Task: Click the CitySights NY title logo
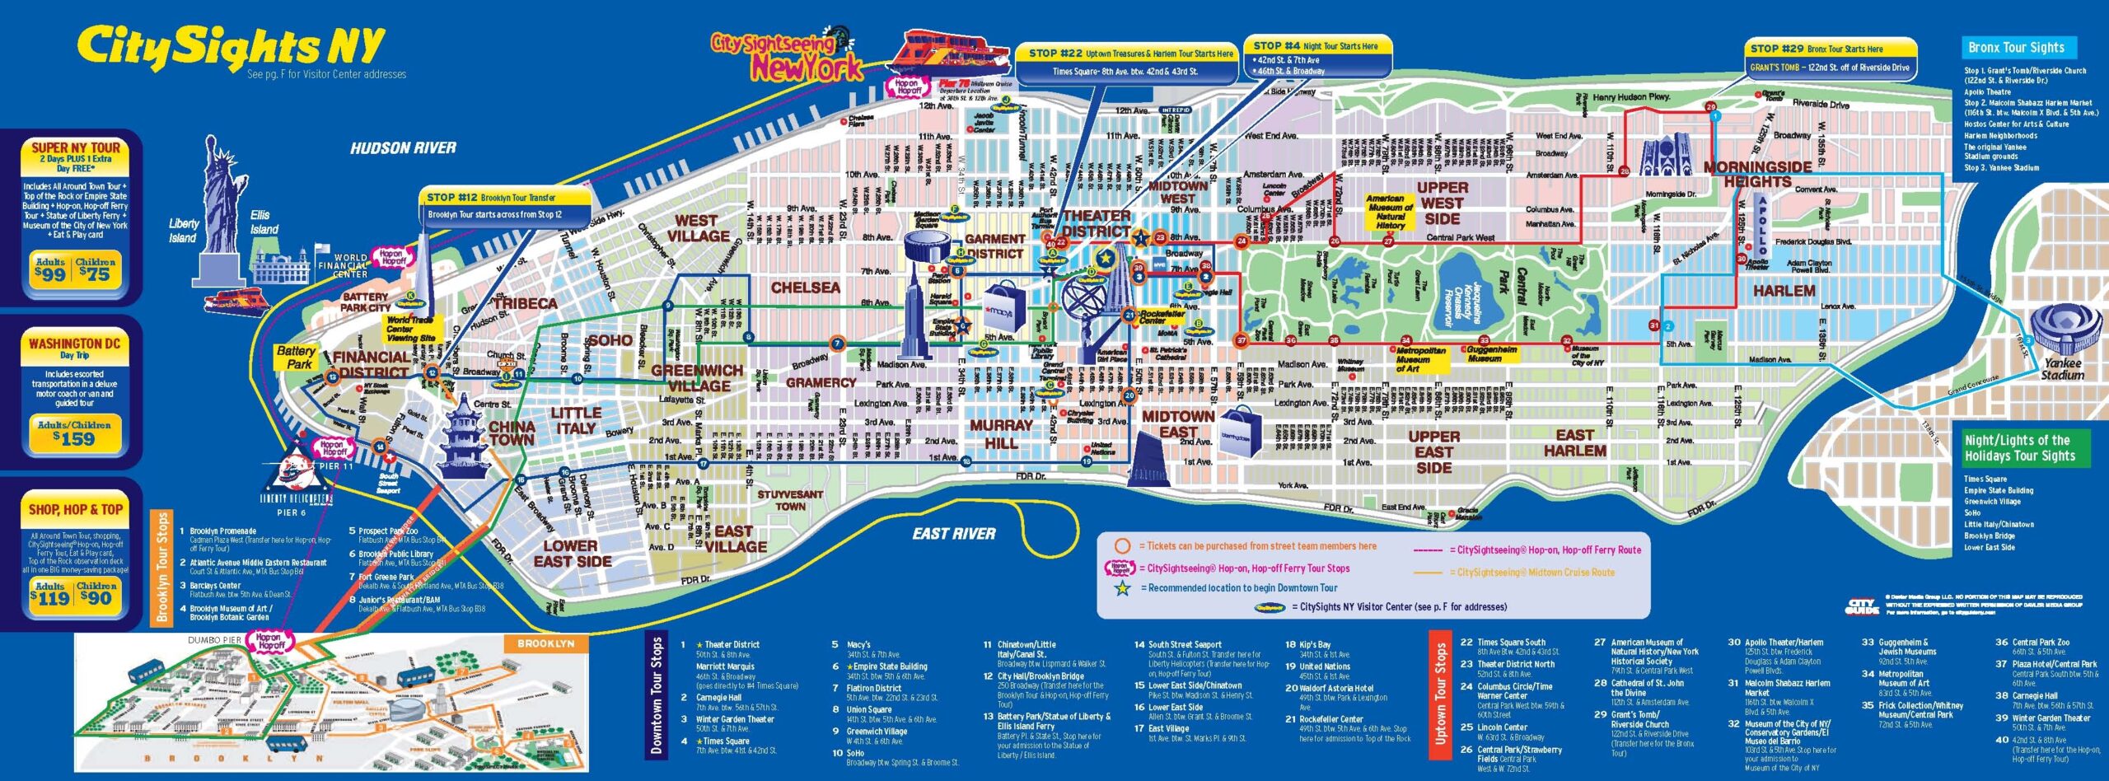coord(231,48)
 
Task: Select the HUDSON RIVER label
coord(403,148)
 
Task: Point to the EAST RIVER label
coord(953,534)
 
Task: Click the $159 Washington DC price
coord(74,438)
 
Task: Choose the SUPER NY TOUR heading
coord(75,148)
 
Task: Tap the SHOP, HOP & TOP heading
coord(75,510)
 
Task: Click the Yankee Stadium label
coord(2062,369)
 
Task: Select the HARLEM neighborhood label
coord(1784,291)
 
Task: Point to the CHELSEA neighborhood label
coord(805,288)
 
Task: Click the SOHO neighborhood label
coord(609,340)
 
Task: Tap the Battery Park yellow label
coord(296,357)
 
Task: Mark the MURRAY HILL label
coord(1001,434)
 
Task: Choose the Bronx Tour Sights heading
coord(2016,48)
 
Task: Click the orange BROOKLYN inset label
coord(545,643)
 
